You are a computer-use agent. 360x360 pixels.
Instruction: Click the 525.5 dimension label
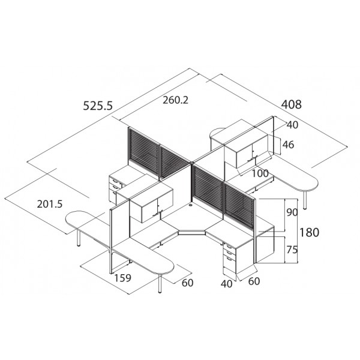98,106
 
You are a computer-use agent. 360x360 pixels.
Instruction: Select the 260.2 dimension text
176,100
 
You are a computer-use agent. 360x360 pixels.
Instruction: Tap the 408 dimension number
292,104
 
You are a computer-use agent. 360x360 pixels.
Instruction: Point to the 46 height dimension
288,145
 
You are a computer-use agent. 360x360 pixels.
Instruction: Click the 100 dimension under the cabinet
260,173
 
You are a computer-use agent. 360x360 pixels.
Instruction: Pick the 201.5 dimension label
50,204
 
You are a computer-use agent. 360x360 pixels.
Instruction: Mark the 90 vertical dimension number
292,212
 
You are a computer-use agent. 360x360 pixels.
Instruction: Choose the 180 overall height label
309,232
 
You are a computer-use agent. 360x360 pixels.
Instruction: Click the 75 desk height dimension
292,250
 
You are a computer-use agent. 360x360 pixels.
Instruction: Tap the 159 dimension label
123,278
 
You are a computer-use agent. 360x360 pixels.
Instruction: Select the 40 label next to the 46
293,125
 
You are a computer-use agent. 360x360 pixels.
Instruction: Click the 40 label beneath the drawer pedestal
227,284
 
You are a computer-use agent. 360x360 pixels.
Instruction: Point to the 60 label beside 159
188,283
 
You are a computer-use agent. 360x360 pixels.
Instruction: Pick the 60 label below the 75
254,281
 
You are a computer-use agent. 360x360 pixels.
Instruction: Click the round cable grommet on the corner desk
191,204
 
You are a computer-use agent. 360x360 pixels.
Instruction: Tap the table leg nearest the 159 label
160,283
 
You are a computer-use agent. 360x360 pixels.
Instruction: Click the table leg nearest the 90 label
305,199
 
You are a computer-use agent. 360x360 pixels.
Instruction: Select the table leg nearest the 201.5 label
79,238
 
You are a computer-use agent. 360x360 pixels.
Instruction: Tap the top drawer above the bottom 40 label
230,247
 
